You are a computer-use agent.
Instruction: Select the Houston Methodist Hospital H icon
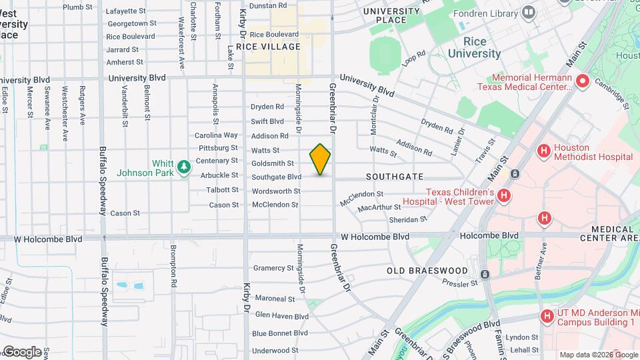(x=544, y=151)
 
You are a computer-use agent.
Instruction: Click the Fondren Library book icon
(x=529, y=13)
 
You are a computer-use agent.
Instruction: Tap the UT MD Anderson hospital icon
(x=547, y=316)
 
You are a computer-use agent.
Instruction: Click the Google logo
(x=22, y=352)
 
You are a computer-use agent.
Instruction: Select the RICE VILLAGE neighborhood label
(x=272, y=47)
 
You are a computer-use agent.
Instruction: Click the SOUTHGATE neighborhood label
(x=395, y=177)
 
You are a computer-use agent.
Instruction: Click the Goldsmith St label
(x=273, y=163)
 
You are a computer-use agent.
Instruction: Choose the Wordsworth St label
(x=276, y=191)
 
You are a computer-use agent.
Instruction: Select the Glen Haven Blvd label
(x=281, y=316)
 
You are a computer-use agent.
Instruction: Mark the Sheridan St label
(x=409, y=219)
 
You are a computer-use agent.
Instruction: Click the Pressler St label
(x=460, y=283)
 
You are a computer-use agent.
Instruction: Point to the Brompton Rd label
(x=173, y=266)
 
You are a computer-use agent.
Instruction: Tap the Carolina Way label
(x=216, y=135)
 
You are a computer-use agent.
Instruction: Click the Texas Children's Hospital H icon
(x=504, y=195)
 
